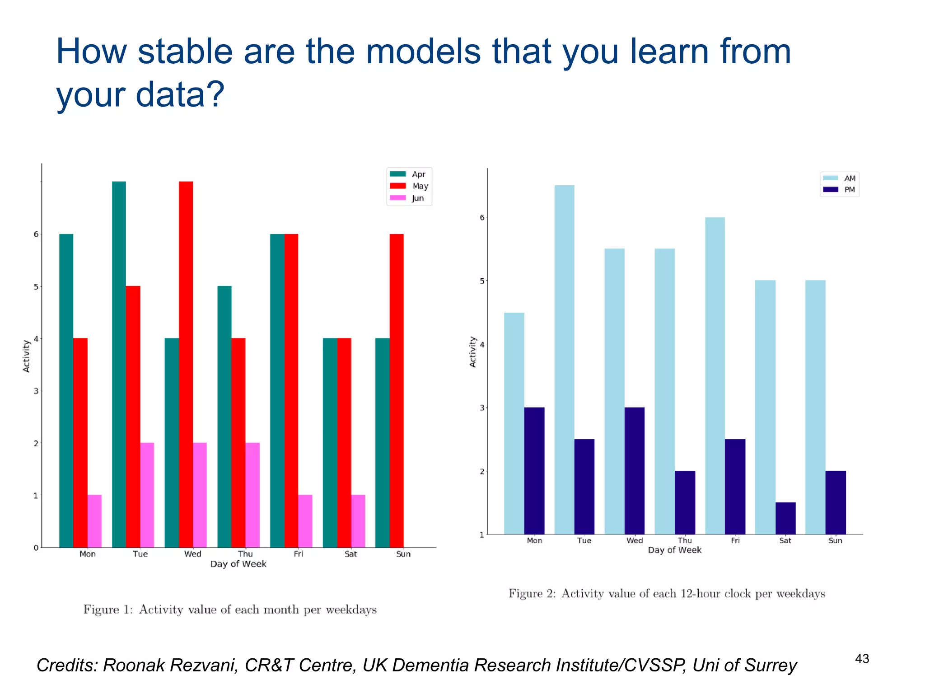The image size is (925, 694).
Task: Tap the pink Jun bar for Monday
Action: point(94,521)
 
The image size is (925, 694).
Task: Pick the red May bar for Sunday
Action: point(397,390)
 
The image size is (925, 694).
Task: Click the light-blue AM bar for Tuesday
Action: point(564,360)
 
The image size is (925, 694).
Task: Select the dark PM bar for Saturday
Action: point(785,518)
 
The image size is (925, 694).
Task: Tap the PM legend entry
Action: point(840,190)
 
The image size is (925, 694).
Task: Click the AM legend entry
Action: point(840,178)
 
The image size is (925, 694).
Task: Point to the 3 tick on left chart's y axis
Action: point(36,391)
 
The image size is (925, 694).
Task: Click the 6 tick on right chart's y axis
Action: point(482,217)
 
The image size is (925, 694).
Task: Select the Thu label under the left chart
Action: point(245,554)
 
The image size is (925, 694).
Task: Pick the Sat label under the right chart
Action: point(785,540)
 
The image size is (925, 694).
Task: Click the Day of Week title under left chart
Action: point(238,564)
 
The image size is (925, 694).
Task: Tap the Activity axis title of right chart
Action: point(473,352)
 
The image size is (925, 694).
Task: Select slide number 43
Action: point(862,659)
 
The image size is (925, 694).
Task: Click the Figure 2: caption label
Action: point(532,593)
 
